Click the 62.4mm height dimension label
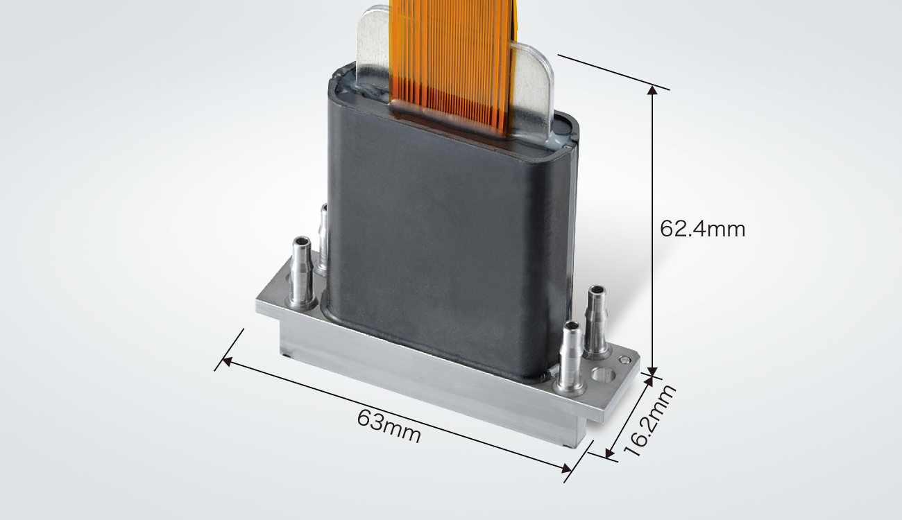click(702, 229)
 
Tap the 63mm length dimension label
click(389, 426)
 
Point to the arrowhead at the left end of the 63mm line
click(226, 361)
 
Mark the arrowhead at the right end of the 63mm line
click(567, 468)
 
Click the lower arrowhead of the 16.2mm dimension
click(610, 453)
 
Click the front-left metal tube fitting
click(301, 273)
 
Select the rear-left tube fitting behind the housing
click(323, 239)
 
